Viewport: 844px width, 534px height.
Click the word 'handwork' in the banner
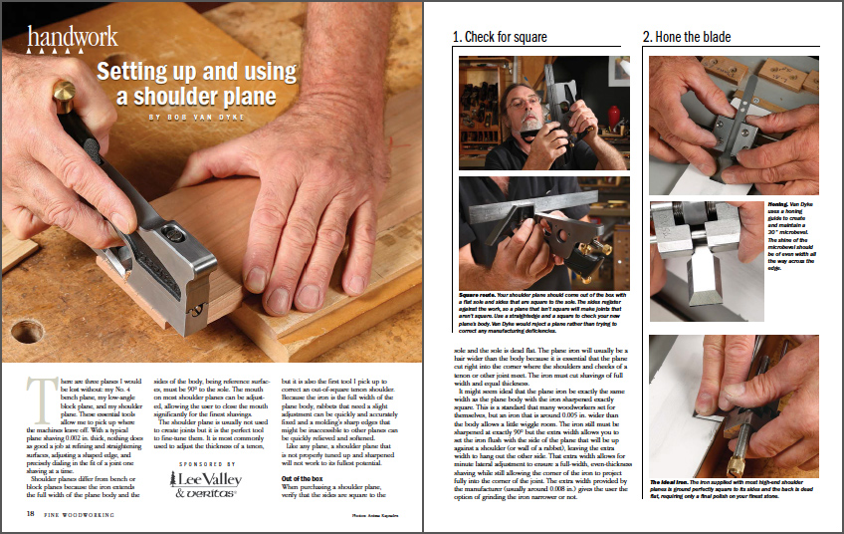coord(73,39)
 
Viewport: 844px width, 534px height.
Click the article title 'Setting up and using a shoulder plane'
coord(196,84)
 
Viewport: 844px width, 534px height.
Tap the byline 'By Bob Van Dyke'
coord(196,117)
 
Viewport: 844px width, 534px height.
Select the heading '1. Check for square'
coord(501,38)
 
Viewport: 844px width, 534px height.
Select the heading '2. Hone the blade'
coord(687,38)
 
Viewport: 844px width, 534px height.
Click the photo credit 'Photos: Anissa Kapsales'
coord(379,515)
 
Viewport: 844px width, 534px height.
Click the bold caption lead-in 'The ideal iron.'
coord(669,480)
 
